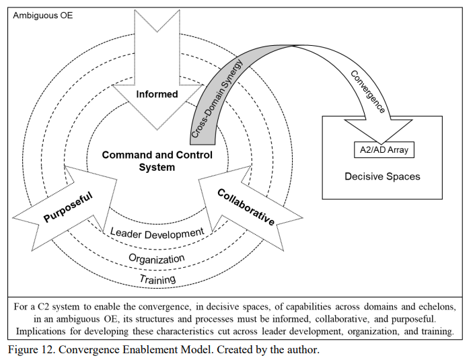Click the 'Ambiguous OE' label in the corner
tap(43, 15)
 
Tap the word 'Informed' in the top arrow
tap(157, 94)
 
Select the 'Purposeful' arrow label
tap(68, 207)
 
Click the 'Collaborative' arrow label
tap(246, 207)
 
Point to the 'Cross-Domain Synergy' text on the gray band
tap(217, 98)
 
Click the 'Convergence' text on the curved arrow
tap(368, 92)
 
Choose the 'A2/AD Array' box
tap(384, 149)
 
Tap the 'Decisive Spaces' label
tap(382, 176)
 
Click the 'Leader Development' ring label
tap(157, 233)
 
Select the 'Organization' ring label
tap(157, 259)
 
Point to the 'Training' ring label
tap(157, 279)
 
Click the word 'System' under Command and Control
tap(157, 167)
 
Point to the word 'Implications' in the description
tap(40, 331)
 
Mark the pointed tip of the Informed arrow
tap(157, 130)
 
